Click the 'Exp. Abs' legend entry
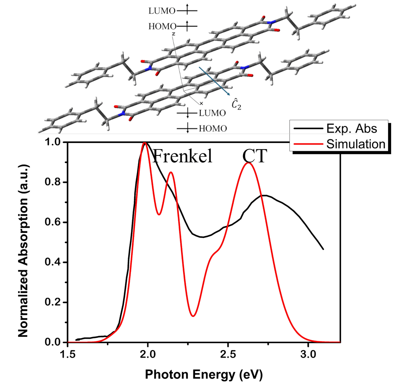tap(352, 129)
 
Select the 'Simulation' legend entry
tap(352, 143)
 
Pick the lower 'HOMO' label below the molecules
tap(210, 128)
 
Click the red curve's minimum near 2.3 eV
tap(193, 316)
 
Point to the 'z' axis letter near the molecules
tap(173, 34)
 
